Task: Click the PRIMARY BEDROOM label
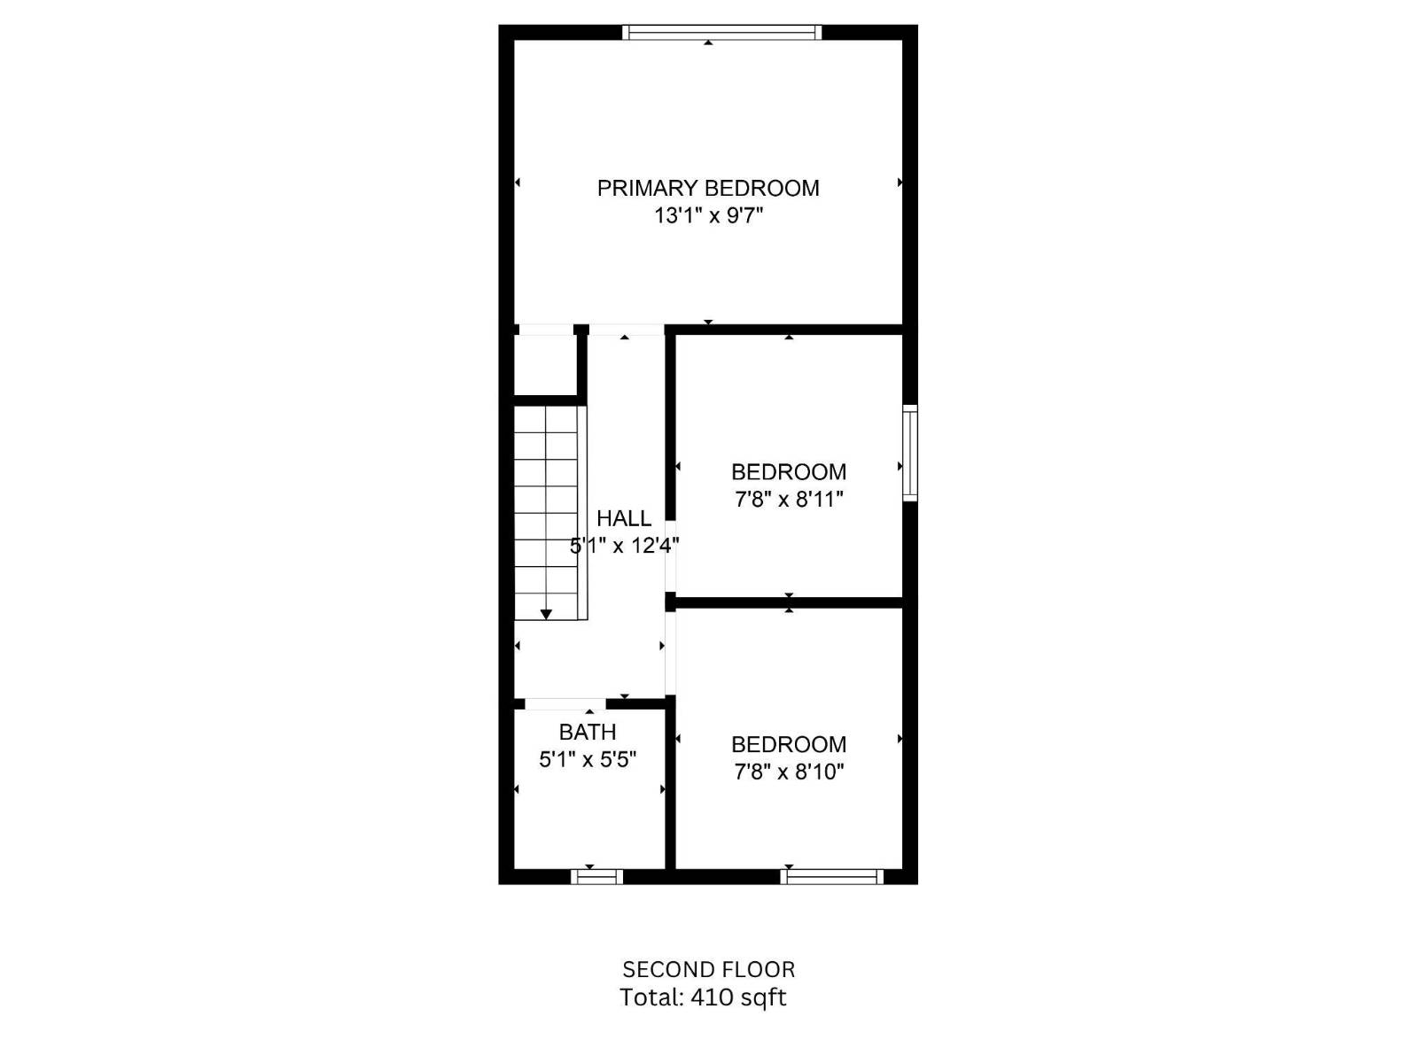(707, 188)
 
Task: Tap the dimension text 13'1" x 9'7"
(707, 215)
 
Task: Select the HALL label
(623, 518)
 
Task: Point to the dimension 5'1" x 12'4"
(624, 546)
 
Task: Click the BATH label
(587, 732)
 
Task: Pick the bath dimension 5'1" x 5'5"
(587, 759)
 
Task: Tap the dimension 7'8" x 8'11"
(788, 500)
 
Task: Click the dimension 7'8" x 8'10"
(788, 772)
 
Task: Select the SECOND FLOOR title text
(708, 969)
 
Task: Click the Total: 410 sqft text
(702, 997)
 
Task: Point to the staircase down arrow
(546, 613)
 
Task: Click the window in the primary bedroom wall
(721, 33)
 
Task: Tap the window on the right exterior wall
(909, 453)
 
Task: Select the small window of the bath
(596, 877)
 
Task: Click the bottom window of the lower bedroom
(831, 877)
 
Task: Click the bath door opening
(565, 704)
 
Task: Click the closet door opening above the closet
(545, 330)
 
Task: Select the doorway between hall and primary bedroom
(626, 330)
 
